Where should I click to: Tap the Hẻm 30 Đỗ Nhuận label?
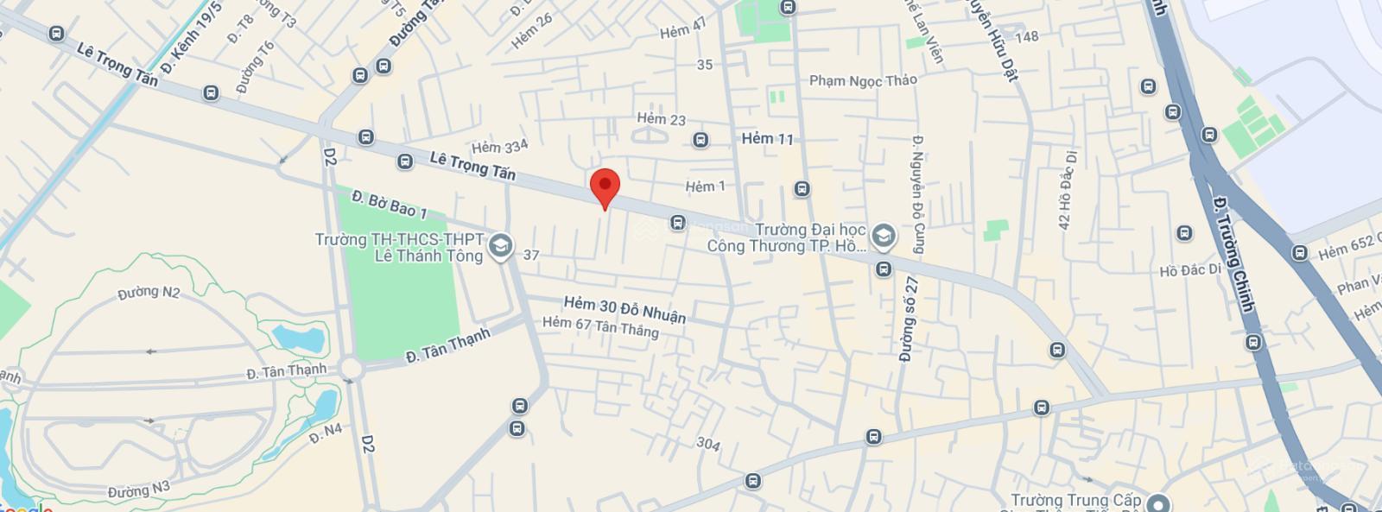coord(624,310)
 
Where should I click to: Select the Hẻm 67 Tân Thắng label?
coord(600,326)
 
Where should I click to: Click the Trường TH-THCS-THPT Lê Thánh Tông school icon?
coord(500,247)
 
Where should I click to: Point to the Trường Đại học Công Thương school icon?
coord(883,235)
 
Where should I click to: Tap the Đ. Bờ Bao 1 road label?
coord(390,204)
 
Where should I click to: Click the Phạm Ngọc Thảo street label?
coord(863,80)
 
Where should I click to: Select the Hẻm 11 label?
coord(767,138)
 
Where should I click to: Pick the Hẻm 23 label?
coord(661,119)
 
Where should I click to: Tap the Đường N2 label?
coord(149,293)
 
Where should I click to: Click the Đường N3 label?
coord(139,490)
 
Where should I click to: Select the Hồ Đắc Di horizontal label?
coord(1190,271)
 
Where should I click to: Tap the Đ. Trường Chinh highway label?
coord(1233,255)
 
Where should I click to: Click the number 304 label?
coord(708,444)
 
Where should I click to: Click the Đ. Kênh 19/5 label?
coord(193,34)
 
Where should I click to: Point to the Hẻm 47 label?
coord(682,29)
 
